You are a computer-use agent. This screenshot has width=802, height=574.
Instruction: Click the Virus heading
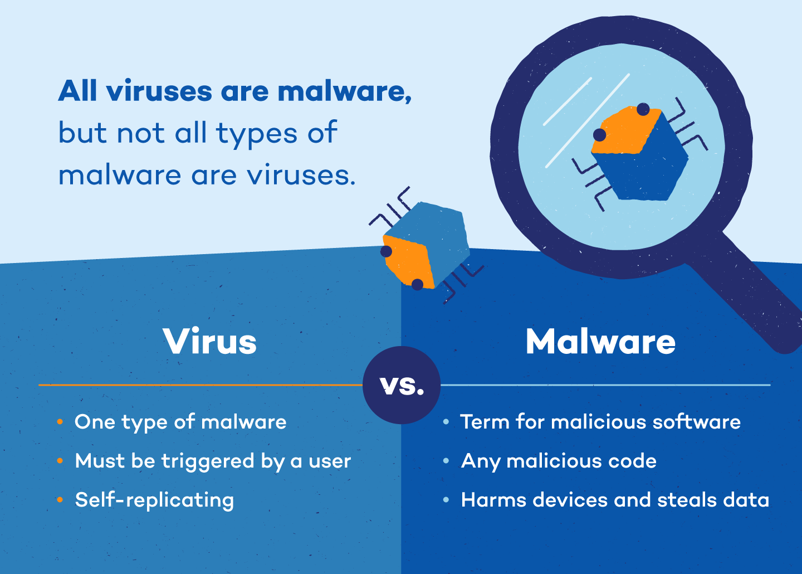tap(210, 342)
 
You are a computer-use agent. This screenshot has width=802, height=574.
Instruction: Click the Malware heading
tap(600, 342)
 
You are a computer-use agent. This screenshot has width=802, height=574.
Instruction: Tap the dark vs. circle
tap(402, 385)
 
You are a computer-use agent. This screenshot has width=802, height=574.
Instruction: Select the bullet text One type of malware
tap(180, 422)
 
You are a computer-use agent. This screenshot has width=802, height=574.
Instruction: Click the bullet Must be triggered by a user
tap(213, 461)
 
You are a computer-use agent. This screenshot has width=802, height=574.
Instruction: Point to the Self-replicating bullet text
tap(154, 500)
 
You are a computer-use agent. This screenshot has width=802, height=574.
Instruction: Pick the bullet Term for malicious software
tap(600, 422)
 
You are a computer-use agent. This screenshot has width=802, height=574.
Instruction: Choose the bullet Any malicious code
tap(559, 461)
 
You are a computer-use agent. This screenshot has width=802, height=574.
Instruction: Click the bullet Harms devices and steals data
tap(615, 500)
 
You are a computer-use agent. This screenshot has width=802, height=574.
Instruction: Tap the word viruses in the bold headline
tap(159, 91)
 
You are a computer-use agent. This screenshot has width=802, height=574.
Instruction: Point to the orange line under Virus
tap(200, 385)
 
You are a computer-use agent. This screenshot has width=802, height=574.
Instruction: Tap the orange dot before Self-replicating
tap(60, 500)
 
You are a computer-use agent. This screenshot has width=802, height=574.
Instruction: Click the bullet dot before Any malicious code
tap(446, 461)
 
